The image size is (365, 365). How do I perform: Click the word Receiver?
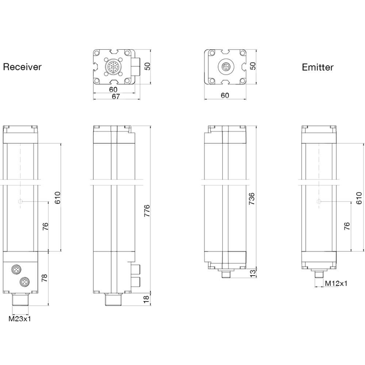click(22, 67)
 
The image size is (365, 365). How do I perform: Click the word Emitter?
click(318, 67)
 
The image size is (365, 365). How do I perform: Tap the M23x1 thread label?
click(20, 318)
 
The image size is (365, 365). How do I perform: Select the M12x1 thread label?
click(336, 283)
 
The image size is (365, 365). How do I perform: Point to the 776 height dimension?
click(147, 211)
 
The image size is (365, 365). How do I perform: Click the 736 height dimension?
click(252, 199)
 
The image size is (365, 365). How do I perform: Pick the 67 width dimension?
click(116, 96)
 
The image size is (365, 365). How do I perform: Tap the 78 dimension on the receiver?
click(44, 278)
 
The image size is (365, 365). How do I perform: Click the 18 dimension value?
click(146, 299)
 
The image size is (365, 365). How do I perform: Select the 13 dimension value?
click(253, 273)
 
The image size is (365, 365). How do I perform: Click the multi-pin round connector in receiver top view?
click(113, 67)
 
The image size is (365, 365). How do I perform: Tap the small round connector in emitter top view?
click(226, 67)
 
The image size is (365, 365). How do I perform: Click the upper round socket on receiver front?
click(16, 269)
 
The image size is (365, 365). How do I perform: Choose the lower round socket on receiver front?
click(24, 282)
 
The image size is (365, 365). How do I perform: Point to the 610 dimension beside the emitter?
click(359, 198)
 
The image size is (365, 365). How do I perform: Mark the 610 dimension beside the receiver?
click(57, 198)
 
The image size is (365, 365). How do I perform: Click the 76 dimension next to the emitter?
click(347, 226)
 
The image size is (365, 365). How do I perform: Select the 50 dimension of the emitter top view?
click(253, 66)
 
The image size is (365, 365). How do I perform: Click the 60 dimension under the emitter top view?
click(225, 95)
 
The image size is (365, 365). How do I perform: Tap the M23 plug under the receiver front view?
click(20, 300)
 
